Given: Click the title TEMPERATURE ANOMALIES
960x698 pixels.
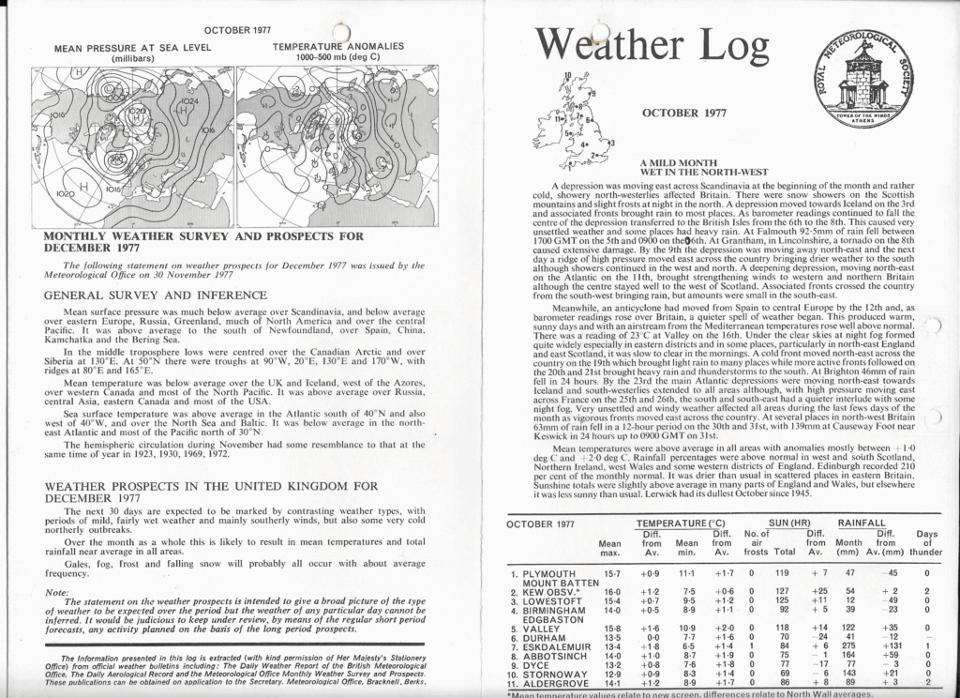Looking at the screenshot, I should pyautogui.click(x=337, y=46).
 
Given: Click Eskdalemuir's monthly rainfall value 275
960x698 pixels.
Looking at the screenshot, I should pyautogui.click(x=851, y=645).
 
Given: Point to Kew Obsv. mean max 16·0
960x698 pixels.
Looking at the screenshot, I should pyautogui.click(x=612, y=592).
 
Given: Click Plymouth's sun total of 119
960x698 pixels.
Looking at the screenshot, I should pyautogui.click(x=783, y=572).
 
